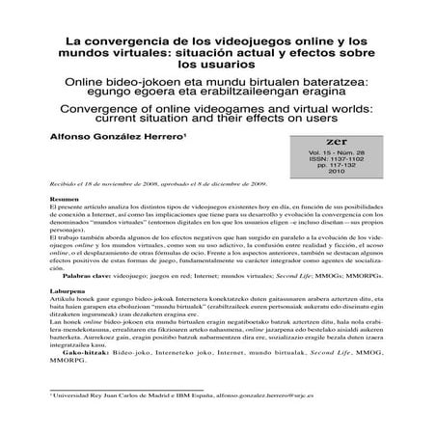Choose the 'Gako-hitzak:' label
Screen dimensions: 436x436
[59, 382]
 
